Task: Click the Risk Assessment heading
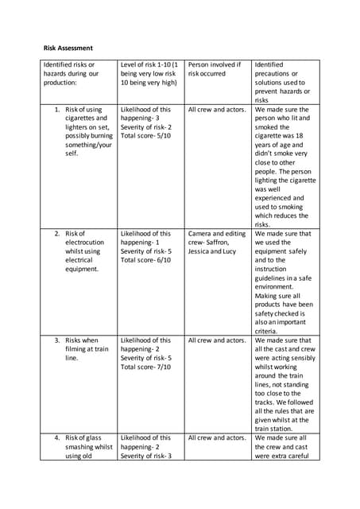[x=68, y=48]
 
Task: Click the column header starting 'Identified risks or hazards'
[x=71, y=73]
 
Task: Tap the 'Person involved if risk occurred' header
[x=213, y=69]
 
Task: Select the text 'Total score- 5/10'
[x=145, y=136]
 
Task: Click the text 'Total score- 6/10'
[x=145, y=260]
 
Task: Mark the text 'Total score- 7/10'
[x=145, y=367]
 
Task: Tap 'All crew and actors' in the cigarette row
[x=217, y=110]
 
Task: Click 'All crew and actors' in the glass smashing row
[x=217, y=438]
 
